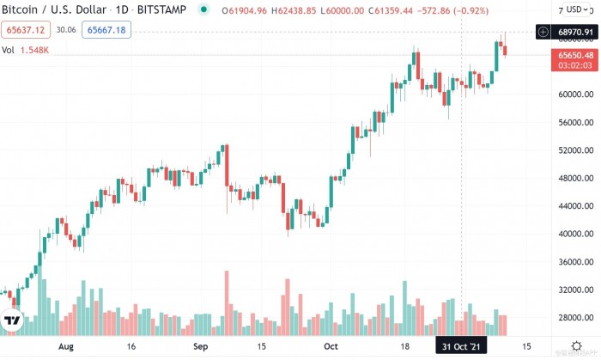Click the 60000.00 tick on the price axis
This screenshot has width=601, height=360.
[x=572, y=95]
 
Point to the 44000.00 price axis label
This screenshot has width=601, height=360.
[x=572, y=206]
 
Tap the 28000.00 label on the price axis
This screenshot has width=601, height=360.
[x=572, y=317]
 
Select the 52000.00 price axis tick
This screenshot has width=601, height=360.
[x=572, y=150]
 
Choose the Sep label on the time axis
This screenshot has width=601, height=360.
[x=199, y=346]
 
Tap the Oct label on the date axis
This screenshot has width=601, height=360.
[x=330, y=346]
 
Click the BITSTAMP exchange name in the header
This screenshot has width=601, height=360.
[x=160, y=10]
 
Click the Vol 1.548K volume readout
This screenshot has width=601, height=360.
[x=26, y=50]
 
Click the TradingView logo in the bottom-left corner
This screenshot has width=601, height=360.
[x=12, y=322]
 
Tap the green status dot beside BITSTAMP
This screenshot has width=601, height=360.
[x=203, y=10]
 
